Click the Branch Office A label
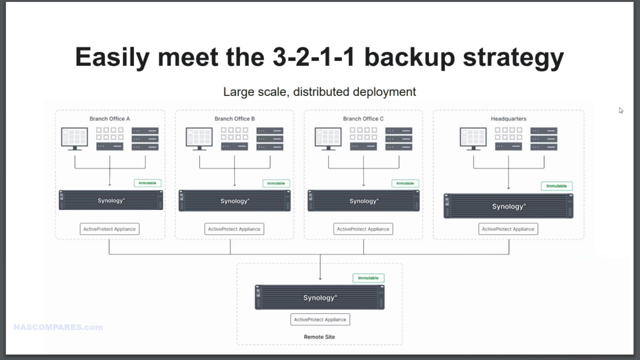[110, 119]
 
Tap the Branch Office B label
[235, 119]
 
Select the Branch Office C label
[363, 119]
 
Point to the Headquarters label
[509, 119]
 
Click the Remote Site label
[319, 337]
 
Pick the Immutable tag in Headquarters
[557, 186]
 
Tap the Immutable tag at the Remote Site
[368, 278]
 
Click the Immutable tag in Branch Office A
[147, 183]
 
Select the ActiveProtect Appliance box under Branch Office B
[234, 229]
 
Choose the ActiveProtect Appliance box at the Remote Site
[320, 319]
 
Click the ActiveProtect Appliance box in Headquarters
[508, 229]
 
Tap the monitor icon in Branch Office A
[75, 139]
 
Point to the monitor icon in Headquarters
[473, 139]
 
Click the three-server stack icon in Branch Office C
[399, 139]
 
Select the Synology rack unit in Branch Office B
[235, 201]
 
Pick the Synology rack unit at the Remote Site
[320, 297]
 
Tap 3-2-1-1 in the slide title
[314, 57]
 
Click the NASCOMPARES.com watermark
[58, 327]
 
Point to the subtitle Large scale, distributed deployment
[320, 92]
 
